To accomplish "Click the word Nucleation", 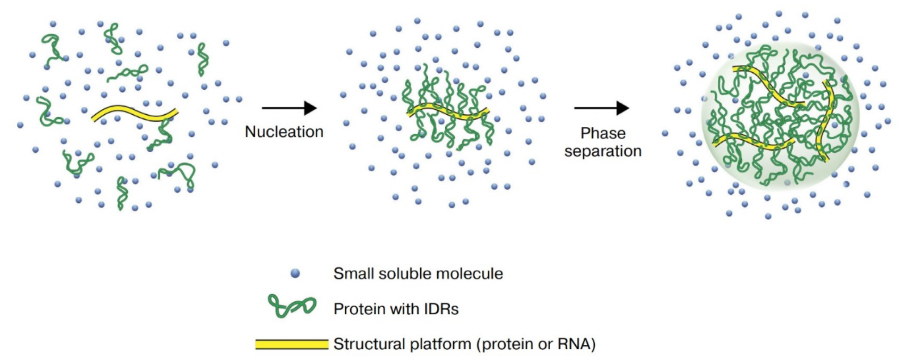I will click(x=284, y=132).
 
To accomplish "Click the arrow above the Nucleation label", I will click(x=289, y=108).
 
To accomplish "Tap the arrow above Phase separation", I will click(x=602, y=108).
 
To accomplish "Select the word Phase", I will click(x=603, y=133).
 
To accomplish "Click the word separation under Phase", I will click(x=603, y=151).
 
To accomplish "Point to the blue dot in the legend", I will click(x=295, y=273).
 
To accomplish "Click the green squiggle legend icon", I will click(x=292, y=306).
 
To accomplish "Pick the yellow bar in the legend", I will click(x=292, y=344).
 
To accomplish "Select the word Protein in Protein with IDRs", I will click(x=359, y=309).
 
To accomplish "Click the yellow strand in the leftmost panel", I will click(x=134, y=112).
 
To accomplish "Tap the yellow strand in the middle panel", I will click(x=448, y=112).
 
